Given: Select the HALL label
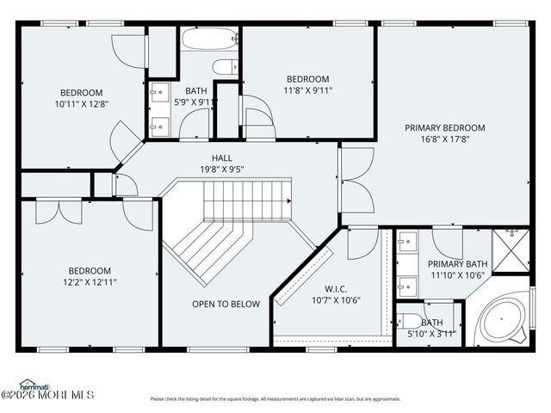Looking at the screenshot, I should (x=222, y=158).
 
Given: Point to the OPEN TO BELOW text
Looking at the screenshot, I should (x=226, y=304).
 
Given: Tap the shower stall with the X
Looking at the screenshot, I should (x=510, y=250).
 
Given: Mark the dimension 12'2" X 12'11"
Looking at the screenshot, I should (x=90, y=281).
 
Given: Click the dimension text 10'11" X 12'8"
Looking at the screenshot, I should (x=81, y=104).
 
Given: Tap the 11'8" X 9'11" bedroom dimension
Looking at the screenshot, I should (x=307, y=89).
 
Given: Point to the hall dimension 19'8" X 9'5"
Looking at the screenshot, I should (x=222, y=170).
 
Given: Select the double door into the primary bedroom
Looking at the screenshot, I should (x=355, y=181).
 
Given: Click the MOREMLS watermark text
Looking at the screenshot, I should (x=52, y=395).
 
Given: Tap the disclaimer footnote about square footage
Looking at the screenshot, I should (x=275, y=398).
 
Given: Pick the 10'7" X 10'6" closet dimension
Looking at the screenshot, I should (x=335, y=300).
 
